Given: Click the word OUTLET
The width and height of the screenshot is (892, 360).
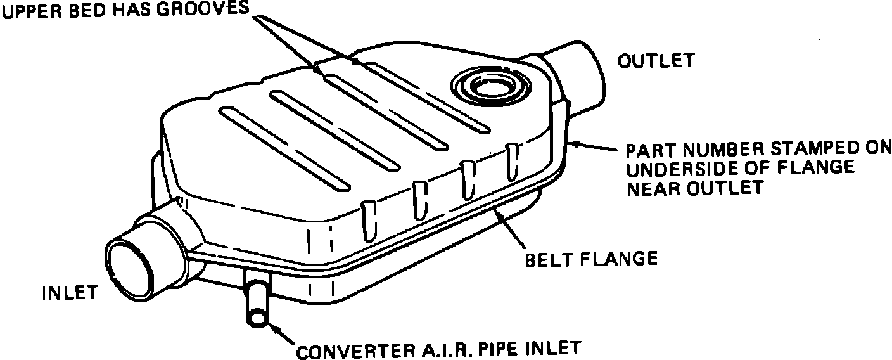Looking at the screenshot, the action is click(656, 61).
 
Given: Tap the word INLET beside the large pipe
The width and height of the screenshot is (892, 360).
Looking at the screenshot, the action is click(70, 293).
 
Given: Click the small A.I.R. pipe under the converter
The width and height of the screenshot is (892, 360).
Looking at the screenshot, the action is click(257, 304).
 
